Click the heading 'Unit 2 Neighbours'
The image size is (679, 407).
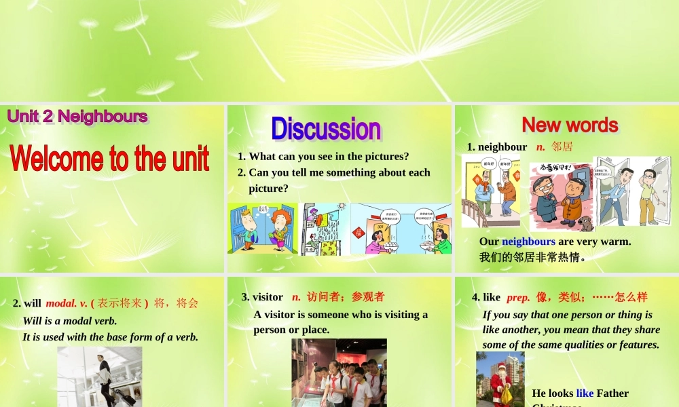pyautogui.click(x=77, y=117)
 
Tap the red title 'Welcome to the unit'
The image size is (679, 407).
pyautogui.click(x=109, y=159)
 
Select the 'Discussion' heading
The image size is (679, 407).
pyautogui.click(x=326, y=129)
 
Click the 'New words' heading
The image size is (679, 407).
pyautogui.click(x=570, y=125)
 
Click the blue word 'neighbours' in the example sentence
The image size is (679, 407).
pyautogui.click(x=528, y=241)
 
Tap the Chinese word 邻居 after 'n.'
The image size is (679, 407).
pyautogui.click(x=562, y=147)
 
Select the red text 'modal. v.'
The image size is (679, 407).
pyautogui.click(x=67, y=303)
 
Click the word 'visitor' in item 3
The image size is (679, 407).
pyautogui.click(x=268, y=296)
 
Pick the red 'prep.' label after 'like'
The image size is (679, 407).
pyautogui.click(x=518, y=297)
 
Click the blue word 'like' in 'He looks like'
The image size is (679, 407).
pyautogui.click(x=585, y=393)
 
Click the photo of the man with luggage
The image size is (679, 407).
pyautogui.click(x=100, y=377)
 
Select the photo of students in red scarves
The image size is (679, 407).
pyautogui.click(x=339, y=373)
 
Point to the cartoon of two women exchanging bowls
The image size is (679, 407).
pyautogui.click(x=401, y=229)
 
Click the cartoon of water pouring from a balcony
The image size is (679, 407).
pyautogui.click(x=325, y=229)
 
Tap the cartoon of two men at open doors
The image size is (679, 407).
pyautogui.click(x=631, y=191)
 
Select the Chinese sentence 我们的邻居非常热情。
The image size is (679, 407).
pyautogui.click(x=532, y=258)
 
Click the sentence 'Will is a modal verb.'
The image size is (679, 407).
pyautogui.click(x=70, y=321)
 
